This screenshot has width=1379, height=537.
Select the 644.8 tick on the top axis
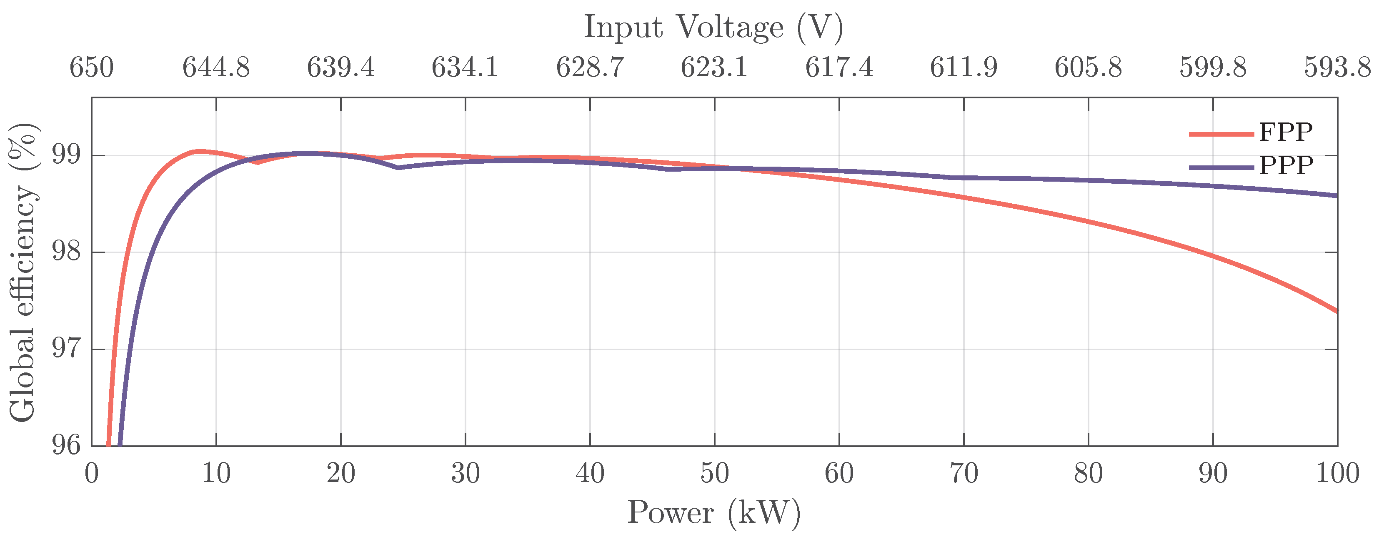[x=216, y=68]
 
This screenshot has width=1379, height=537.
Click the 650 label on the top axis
[x=92, y=68]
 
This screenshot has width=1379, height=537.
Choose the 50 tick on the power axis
[x=714, y=473]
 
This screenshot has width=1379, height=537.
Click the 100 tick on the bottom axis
[x=1337, y=473]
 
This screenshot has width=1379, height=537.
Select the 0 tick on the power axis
[x=92, y=473]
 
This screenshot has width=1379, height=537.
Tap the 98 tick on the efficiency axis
[x=66, y=252]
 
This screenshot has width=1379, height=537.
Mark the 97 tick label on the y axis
[x=66, y=349]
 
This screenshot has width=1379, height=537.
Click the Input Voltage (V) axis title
[x=713, y=27]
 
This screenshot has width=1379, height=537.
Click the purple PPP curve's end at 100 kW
[x=1336, y=196]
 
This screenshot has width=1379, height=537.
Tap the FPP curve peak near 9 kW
[x=199, y=152]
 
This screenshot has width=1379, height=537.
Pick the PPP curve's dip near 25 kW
[x=398, y=167]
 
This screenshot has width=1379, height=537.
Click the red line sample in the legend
[x=1221, y=134]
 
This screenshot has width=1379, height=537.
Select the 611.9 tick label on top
[x=963, y=68]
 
